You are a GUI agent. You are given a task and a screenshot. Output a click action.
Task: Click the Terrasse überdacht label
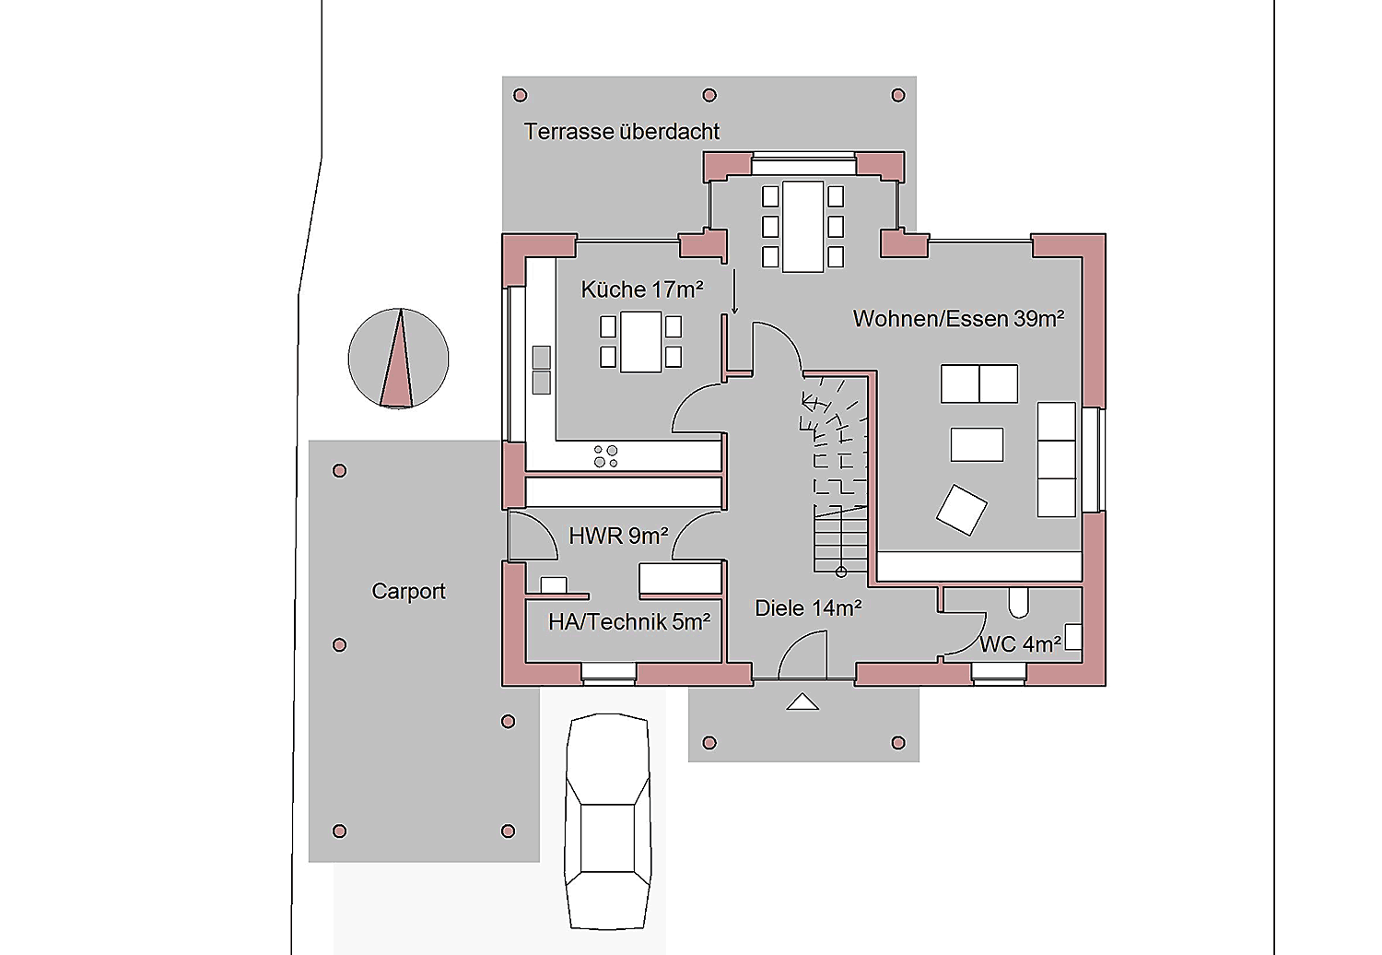(x=621, y=132)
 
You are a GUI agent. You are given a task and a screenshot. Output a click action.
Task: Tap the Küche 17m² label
(x=641, y=289)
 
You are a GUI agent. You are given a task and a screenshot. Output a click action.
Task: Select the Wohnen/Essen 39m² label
(x=958, y=319)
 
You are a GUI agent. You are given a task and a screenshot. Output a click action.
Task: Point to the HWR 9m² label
(x=618, y=536)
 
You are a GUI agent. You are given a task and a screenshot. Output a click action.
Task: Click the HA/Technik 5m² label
(x=629, y=622)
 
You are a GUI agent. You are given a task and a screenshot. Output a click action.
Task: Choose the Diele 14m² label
(x=808, y=608)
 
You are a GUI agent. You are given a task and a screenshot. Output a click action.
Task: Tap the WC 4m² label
(x=1020, y=644)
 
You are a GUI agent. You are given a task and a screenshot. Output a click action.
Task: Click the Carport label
(x=408, y=592)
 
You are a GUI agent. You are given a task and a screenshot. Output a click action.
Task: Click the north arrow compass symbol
(x=398, y=358)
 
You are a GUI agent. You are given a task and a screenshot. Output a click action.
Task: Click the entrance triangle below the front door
(x=802, y=702)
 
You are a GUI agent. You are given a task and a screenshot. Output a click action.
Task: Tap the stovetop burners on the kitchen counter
(x=605, y=456)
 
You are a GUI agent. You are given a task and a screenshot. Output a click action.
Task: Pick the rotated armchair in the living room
(x=961, y=510)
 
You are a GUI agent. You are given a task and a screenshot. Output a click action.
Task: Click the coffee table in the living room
(x=977, y=444)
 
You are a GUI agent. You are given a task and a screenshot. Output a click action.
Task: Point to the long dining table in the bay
(x=802, y=227)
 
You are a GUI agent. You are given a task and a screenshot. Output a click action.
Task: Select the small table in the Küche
(x=641, y=342)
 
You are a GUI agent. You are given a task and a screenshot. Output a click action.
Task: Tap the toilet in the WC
(x=1019, y=603)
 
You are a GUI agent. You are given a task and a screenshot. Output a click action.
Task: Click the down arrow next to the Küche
(x=734, y=291)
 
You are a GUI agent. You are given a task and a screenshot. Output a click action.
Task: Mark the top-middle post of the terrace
(x=709, y=95)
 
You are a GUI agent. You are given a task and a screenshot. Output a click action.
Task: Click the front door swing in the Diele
(x=801, y=655)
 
